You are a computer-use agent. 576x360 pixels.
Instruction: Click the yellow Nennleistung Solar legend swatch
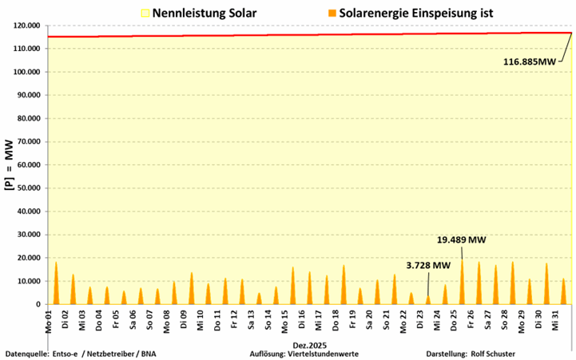145,13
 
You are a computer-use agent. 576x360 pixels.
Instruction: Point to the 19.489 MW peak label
461,239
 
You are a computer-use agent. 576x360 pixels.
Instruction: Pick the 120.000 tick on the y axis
22,26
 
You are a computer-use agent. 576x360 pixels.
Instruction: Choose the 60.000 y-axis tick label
24,164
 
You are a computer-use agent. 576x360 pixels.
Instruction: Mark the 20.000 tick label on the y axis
24,258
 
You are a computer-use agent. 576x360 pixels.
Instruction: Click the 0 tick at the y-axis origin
37,304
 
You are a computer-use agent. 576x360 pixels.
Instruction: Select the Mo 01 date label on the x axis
48,319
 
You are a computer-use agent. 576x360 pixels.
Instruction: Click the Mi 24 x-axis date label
437,319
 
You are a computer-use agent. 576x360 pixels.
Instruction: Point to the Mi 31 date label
555,319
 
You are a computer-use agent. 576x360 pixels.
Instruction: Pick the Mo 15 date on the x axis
284,319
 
